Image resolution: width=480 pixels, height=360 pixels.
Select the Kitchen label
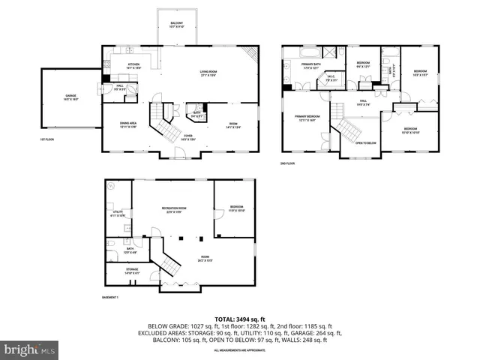[x=133, y=66]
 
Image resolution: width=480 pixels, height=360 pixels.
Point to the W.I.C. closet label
[x=329, y=79]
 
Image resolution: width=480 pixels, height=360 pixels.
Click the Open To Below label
[x=365, y=143]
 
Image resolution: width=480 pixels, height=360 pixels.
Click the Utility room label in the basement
[x=118, y=214]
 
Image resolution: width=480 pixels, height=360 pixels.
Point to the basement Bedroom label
[x=236, y=208]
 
